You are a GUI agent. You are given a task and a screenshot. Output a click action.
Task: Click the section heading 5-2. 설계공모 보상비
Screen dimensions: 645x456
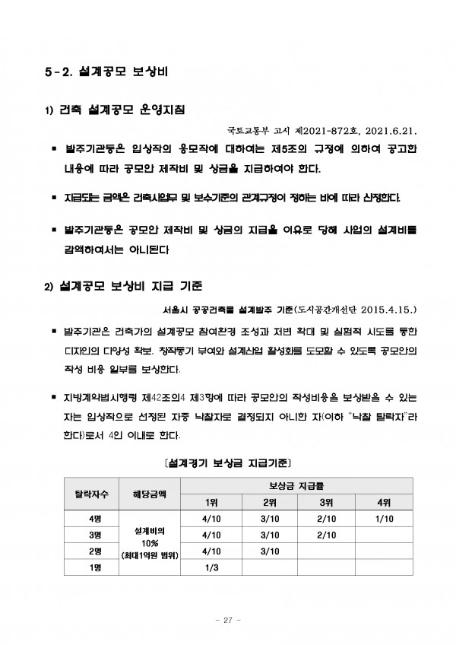[x=105, y=74]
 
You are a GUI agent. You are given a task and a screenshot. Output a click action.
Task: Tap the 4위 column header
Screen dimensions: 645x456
[x=384, y=503]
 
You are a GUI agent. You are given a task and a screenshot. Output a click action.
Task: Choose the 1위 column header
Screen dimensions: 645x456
[x=211, y=503]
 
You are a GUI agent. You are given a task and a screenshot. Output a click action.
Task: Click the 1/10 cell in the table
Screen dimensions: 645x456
[x=384, y=519]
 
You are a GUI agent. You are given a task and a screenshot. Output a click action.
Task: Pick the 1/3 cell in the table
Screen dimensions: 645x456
[x=211, y=567]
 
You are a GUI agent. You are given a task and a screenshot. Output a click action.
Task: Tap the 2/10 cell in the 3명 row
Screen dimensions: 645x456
[x=326, y=535]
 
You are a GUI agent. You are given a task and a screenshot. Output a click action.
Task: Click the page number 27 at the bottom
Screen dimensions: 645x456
[x=227, y=619]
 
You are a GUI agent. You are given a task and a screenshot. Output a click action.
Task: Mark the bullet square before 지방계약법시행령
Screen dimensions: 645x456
[x=54, y=398]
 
